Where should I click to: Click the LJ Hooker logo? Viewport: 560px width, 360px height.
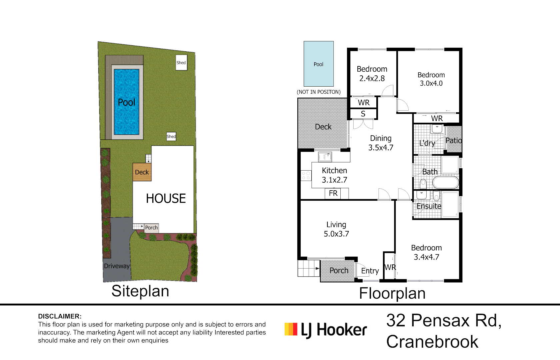pos(326,330)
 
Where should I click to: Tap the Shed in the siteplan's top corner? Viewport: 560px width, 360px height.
pos(181,63)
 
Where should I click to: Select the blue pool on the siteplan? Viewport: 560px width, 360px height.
pos(127,102)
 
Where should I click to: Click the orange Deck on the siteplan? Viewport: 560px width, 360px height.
pos(142,172)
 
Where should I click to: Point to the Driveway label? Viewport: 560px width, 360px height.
pos(117,266)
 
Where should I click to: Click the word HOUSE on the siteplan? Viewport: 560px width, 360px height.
pos(166,199)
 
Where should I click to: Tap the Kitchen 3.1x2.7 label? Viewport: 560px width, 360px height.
pos(335,175)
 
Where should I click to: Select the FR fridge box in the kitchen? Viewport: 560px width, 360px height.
pos(333,193)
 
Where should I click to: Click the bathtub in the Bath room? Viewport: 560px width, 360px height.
pos(445,183)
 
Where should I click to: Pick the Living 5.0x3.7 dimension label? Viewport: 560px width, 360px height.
pos(336,229)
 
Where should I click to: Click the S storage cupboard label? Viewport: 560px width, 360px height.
pos(363,114)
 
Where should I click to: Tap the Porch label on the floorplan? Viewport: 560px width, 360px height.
pos(339,271)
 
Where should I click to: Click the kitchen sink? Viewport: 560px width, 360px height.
pos(325,157)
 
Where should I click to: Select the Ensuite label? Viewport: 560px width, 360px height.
pos(429,206)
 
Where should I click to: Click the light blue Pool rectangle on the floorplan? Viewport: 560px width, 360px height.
pos(319,64)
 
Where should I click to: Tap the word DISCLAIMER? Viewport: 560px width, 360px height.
pos(60,316)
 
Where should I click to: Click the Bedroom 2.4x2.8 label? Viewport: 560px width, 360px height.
pos(372,73)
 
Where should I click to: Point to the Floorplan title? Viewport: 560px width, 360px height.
pos(392,293)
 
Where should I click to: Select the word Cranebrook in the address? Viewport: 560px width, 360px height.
pos(432,342)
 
